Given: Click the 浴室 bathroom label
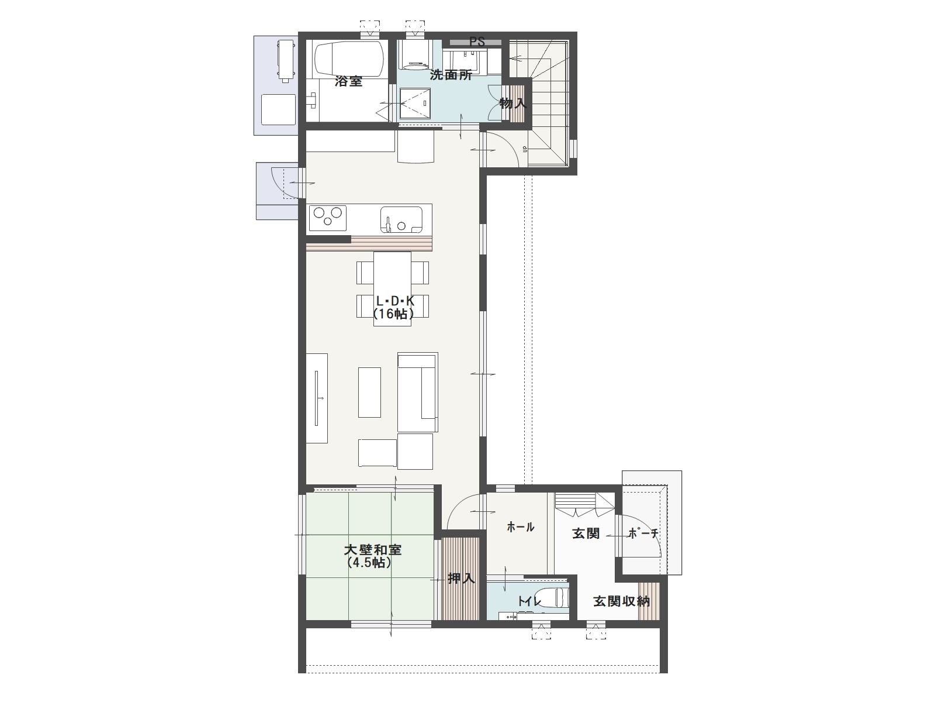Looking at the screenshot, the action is point(348,81).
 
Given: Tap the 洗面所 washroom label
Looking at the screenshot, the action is point(451,75).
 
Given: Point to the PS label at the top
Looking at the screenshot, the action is point(477,42).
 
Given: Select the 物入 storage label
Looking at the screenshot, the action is point(513,103).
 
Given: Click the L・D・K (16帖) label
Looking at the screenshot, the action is point(394,307).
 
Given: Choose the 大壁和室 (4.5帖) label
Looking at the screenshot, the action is point(373,556).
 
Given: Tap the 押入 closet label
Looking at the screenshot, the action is point(461,579).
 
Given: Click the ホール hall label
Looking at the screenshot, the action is point(520,527).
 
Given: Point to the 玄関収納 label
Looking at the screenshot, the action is point(622,601).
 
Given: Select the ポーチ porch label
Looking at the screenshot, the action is point(643,534).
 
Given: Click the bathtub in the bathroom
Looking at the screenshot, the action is point(349,59).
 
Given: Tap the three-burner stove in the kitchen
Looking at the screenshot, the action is point(328,218).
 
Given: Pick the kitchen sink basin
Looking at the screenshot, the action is point(401,219).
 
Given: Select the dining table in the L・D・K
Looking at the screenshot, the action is point(392,289).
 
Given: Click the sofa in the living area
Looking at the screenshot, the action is point(417,392).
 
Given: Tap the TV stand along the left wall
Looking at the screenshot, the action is point(317,398).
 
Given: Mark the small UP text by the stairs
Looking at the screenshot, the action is point(525,149).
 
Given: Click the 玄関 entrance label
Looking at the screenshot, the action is point(586,533).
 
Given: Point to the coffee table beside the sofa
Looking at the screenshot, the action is point(369,392).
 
